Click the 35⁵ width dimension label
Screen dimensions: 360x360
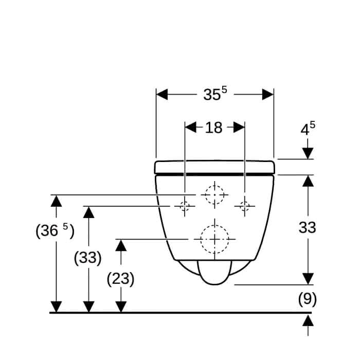pos(215,94)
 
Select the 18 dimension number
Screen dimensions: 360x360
pos(213,128)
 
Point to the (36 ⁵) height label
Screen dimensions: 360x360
pos(55,231)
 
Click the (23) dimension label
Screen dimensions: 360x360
pos(120,279)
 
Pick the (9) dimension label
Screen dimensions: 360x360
pos(308,299)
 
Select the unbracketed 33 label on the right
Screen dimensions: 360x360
pos(308,228)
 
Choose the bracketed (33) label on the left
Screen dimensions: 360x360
pos(88,258)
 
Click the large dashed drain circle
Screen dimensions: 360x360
pos(214,225)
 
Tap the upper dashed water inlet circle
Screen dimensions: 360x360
pos(214,186)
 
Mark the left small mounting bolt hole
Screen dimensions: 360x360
pos(185,206)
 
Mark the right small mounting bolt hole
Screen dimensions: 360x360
pos(245,206)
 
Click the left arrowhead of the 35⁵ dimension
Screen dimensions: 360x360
pos(162,94)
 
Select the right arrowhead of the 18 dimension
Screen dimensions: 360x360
pos(239,127)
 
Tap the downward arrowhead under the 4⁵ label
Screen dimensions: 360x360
pos(308,153)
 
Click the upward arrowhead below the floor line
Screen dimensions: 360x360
pos(308,320)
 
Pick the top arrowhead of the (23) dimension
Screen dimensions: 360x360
pos(121,245)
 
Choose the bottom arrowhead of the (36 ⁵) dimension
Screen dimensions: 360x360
pos(56,307)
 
